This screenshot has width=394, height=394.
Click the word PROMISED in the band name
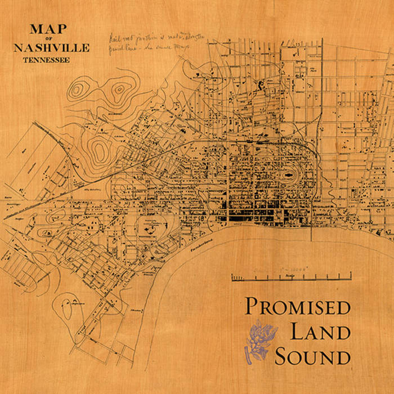point(297,307)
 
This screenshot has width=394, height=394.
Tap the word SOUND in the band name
point(313,357)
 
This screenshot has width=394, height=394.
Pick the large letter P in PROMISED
point(251,307)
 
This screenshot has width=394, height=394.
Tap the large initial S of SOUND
point(281,356)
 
